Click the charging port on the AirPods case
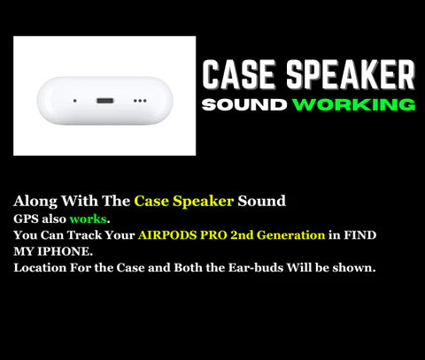[104, 100]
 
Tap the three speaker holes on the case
[140, 101]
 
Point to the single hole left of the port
[73, 100]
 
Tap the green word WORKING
[354, 105]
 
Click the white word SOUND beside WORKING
[243, 105]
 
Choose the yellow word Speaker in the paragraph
[205, 201]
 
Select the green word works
[88, 218]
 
